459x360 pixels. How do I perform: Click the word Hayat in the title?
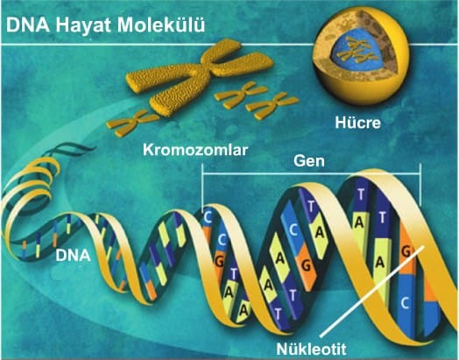coord(84,26)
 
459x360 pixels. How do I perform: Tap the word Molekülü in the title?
coord(161,25)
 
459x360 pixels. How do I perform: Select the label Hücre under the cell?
coord(357,123)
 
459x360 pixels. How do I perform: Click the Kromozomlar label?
coord(195,150)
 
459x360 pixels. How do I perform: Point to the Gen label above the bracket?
coord(309,161)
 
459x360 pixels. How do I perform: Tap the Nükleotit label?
coord(311,349)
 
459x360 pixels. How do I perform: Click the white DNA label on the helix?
coord(73,255)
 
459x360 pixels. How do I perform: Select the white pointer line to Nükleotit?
coord(372,291)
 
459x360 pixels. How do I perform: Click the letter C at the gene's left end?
coord(208,217)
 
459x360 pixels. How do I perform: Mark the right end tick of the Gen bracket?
coord(420,186)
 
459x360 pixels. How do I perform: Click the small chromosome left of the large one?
coord(132,123)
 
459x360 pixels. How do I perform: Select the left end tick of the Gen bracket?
coord(202,187)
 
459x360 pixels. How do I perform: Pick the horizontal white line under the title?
coord(229,45)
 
